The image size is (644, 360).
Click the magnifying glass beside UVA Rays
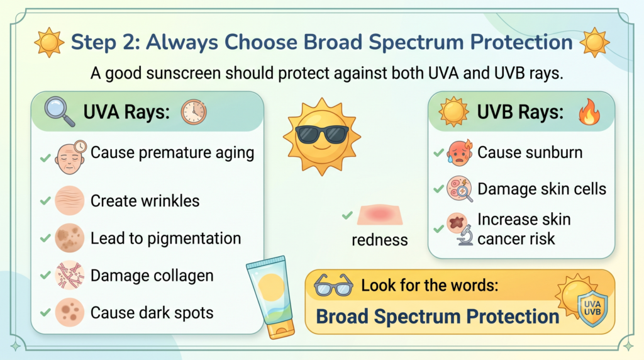tap(59, 111)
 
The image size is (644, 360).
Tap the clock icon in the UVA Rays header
tap(194, 112)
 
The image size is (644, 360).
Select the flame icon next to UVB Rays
tap(589, 112)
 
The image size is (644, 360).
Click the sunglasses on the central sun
tap(321, 133)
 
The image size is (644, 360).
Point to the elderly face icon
tap(70, 157)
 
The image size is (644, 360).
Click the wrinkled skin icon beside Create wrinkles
tap(69, 201)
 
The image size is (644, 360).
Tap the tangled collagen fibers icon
tap(69, 275)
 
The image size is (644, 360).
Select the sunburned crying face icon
tap(460, 152)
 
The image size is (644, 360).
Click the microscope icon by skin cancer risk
tap(465, 235)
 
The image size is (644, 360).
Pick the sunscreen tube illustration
tap(271, 296)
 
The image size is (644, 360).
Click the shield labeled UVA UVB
tap(592, 309)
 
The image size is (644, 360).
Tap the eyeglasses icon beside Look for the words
tap(333, 285)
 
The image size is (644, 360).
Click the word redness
tap(379, 240)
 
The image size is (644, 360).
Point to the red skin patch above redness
tap(380, 215)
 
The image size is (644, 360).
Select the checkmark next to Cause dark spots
tap(45, 313)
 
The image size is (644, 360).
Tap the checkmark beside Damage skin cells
tap(438, 189)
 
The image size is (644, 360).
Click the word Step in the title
tap(93, 42)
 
